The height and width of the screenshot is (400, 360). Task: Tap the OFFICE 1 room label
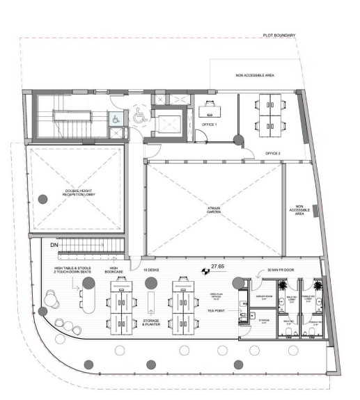click(x=210, y=125)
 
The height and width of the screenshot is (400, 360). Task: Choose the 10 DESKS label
click(x=152, y=270)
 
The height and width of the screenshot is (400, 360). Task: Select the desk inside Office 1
click(x=208, y=109)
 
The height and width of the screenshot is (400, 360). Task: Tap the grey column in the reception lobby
click(x=42, y=198)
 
